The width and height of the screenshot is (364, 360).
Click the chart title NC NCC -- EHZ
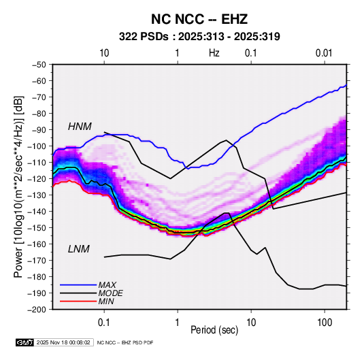[199, 19]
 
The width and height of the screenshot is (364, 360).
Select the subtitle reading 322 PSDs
[144, 37]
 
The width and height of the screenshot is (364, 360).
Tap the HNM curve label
[80, 127]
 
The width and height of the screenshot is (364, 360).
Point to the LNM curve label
[79, 249]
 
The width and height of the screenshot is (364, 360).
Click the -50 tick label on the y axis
[39, 65]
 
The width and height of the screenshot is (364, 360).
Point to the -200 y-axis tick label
[37, 310]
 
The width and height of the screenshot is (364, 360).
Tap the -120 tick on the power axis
[37, 178]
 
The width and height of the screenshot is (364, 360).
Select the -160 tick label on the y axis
[37, 244]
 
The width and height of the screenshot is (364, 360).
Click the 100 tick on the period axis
[325, 322]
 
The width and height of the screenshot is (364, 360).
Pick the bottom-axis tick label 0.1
[104, 322]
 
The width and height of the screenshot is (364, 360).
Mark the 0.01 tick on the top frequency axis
[324, 53]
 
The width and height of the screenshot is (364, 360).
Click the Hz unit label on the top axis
[214, 53]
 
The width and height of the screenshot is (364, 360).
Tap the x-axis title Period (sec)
[214, 330]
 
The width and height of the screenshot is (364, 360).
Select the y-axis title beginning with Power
[18, 186]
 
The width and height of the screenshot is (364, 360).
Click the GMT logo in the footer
[25, 342]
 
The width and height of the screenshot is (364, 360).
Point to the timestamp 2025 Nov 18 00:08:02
[63, 342]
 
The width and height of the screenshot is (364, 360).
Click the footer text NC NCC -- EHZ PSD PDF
[125, 342]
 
